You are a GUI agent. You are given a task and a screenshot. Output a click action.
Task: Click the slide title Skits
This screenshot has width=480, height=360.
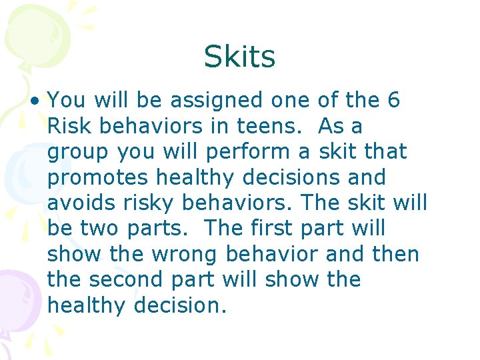point(239,57)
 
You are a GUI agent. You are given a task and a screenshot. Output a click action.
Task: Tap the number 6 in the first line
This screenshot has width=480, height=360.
point(393,101)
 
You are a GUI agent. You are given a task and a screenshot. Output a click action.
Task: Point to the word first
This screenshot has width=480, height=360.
point(271,229)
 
